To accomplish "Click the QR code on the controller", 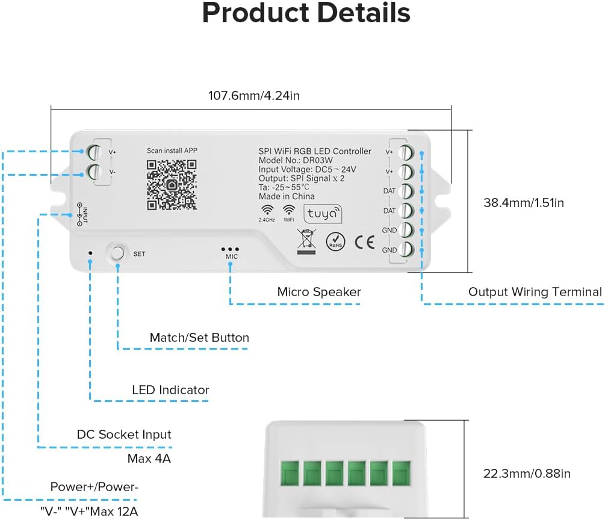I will pos(172,185).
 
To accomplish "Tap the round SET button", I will pos(118,253).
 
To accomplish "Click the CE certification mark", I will pos(364,242).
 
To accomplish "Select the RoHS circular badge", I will pos(335,241).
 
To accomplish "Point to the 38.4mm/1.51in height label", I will pos(524,203).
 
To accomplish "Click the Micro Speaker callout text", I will pos(318,292).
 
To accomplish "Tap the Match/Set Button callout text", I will pos(199,338).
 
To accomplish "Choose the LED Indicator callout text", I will pos(170,390).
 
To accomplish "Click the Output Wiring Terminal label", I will pos(535,292).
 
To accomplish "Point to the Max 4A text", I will pos(149,459).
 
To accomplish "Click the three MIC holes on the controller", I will pos(231,249).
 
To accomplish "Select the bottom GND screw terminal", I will pos(406,250).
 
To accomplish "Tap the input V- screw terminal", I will pos(95,172).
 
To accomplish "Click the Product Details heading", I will pos(306,13).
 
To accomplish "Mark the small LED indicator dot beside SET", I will pos(90,253).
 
